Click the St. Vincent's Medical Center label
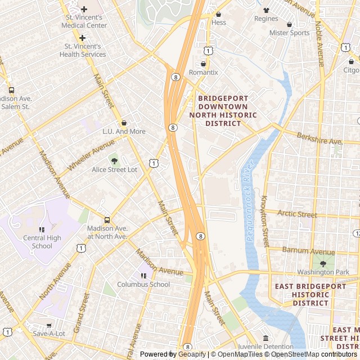(84, 21)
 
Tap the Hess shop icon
(218, 14)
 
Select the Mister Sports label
(289, 33)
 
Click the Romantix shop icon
(203, 64)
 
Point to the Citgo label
(351, 70)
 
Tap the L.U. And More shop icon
(124, 123)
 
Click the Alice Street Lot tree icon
(115, 161)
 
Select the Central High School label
(42, 241)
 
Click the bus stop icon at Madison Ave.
(107, 220)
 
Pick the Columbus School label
(143, 284)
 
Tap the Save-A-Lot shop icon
(48, 325)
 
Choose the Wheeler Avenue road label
(91, 155)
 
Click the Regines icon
(266, 10)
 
